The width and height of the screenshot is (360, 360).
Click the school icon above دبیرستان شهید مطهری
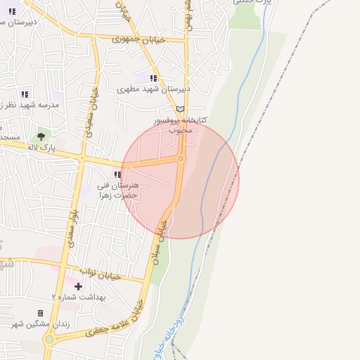coord(153,78)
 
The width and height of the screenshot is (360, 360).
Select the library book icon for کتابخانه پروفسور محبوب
coord(181,109)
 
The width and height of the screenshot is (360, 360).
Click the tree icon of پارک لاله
coord(41,136)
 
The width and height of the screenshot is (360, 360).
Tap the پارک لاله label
coord(41,148)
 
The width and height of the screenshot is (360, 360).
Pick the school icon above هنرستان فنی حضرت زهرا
coord(117,174)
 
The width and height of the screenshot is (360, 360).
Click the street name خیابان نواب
coord(101,273)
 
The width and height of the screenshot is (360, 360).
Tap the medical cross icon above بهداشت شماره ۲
coord(78,286)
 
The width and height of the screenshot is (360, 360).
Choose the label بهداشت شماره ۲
coord(78,297)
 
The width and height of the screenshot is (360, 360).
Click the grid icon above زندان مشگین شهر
coord(40,312)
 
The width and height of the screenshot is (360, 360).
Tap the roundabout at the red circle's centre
coord(181,159)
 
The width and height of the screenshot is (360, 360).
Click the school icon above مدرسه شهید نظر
coord(25,94)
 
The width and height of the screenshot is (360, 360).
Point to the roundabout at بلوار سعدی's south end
coord(49,340)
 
